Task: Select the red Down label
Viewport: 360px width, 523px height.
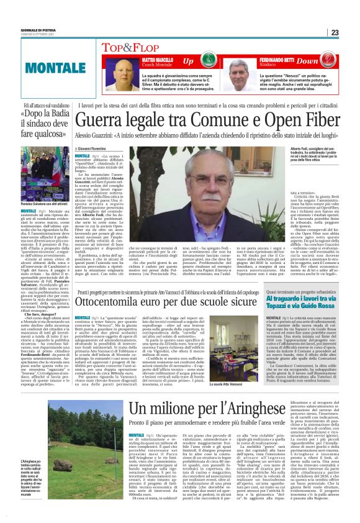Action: [324, 61]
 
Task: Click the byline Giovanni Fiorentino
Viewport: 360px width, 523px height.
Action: [96, 150]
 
